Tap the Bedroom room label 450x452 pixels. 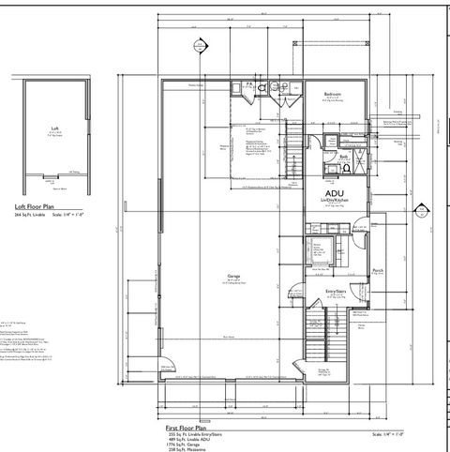[x=333, y=95]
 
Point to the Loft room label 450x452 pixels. [x=53, y=128]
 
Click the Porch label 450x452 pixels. [x=378, y=271]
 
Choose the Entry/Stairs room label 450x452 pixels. [x=337, y=291]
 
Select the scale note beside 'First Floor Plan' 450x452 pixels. [x=387, y=433]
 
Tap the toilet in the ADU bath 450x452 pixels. [x=347, y=169]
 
